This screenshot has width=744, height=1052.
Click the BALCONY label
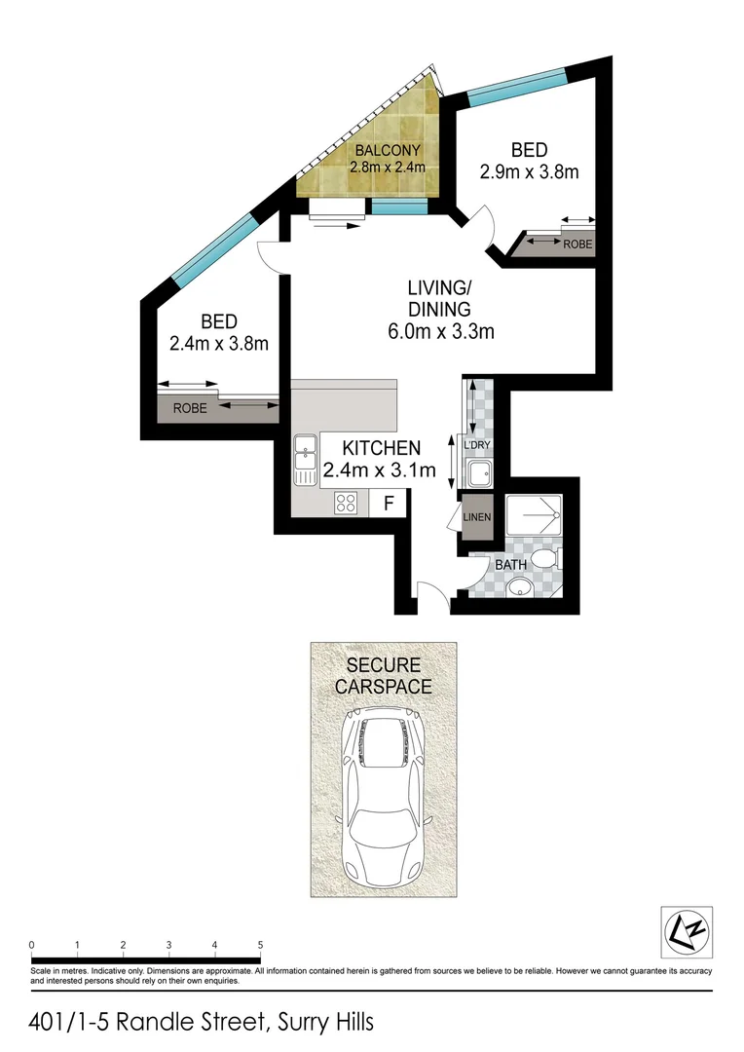(x=388, y=150)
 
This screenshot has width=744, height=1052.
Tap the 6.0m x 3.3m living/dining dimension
(x=440, y=331)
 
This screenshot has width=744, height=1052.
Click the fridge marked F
(x=389, y=503)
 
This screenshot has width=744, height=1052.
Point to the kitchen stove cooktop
(x=347, y=503)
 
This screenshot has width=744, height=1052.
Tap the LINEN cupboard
(x=477, y=516)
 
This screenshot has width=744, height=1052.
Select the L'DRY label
(x=477, y=445)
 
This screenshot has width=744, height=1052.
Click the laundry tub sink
(x=478, y=474)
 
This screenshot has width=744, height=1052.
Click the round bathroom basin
(x=522, y=586)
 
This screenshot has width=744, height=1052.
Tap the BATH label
(x=512, y=564)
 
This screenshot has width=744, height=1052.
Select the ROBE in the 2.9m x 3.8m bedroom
(x=577, y=244)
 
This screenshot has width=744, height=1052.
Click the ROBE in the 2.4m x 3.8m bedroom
(x=190, y=408)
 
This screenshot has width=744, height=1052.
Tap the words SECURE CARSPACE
(x=382, y=675)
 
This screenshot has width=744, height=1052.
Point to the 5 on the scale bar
(x=260, y=945)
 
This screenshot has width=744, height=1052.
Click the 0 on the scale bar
(x=32, y=945)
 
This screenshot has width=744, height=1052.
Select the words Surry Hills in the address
(x=325, y=1022)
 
